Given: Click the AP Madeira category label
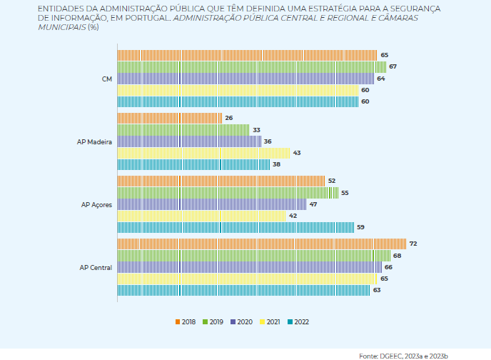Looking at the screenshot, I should click(94, 141).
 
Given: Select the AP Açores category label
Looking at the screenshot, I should click(96, 204).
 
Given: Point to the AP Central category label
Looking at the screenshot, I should click(96, 267).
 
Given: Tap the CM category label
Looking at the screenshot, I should click(106, 79).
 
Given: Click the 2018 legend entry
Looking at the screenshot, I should click(188, 322).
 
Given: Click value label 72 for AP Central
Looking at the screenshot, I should click(412, 244).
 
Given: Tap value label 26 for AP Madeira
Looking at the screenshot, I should click(228, 118).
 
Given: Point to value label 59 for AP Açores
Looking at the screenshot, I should click(360, 227).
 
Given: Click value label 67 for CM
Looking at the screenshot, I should click(393, 66).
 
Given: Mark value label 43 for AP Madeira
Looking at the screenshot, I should click(297, 153).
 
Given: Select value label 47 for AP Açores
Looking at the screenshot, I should click(313, 204).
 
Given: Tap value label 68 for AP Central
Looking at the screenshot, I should click(397, 255).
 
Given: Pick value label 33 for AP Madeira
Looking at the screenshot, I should click(256, 129).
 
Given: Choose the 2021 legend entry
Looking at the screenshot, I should click(271, 322).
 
